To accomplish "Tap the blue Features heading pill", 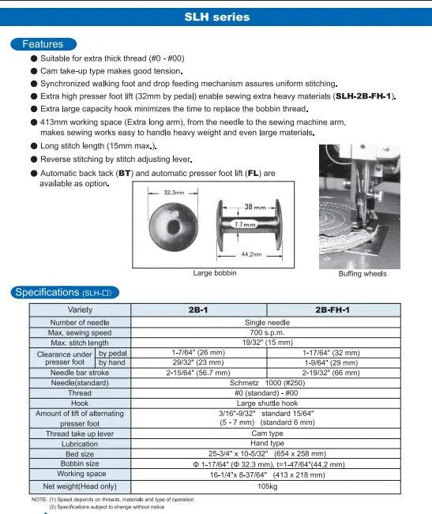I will (43, 44).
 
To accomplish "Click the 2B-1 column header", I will (198, 310).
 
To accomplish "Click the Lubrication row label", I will (80, 444).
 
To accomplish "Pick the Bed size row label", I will (80, 454).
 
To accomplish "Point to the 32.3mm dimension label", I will (173, 192).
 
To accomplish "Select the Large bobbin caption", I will (214, 273).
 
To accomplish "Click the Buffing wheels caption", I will (363, 273).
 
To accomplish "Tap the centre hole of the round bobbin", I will (171, 227).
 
